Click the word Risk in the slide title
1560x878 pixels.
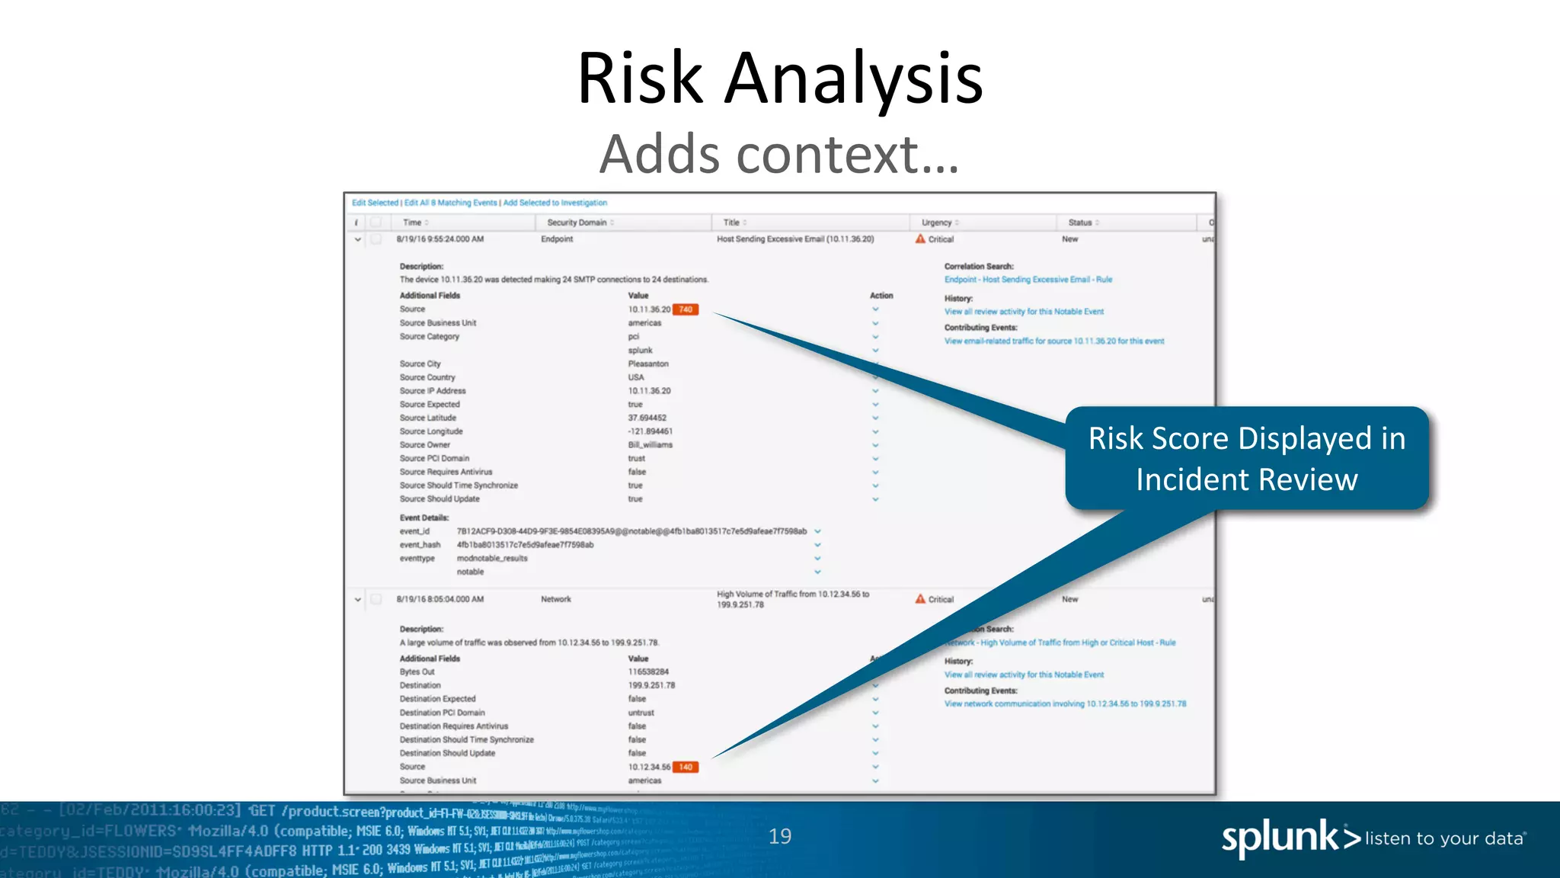point(640,78)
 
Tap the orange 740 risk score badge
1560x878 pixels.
point(686,309)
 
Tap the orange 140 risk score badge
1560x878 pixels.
point(686,767)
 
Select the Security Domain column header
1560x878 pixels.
point(577,223)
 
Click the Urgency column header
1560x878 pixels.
point(936,223)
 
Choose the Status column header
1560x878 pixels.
point(1079,223)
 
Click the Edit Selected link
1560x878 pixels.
point(375,203)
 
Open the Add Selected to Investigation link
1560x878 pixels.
point(555,203)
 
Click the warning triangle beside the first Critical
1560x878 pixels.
point(920,239)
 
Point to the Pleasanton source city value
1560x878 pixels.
point(648,364)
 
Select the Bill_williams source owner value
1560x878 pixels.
point(650,444)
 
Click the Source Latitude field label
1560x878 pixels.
point(428,418)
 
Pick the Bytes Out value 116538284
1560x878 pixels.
point(648,671)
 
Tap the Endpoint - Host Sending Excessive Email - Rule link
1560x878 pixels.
point(1028,280)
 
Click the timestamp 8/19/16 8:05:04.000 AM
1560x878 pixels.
point(440,599)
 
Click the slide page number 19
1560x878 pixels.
point(780,837)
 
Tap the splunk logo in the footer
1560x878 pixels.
point(1280,838)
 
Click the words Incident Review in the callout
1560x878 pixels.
point(1246,480)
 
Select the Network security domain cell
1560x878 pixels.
point(555,599)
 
